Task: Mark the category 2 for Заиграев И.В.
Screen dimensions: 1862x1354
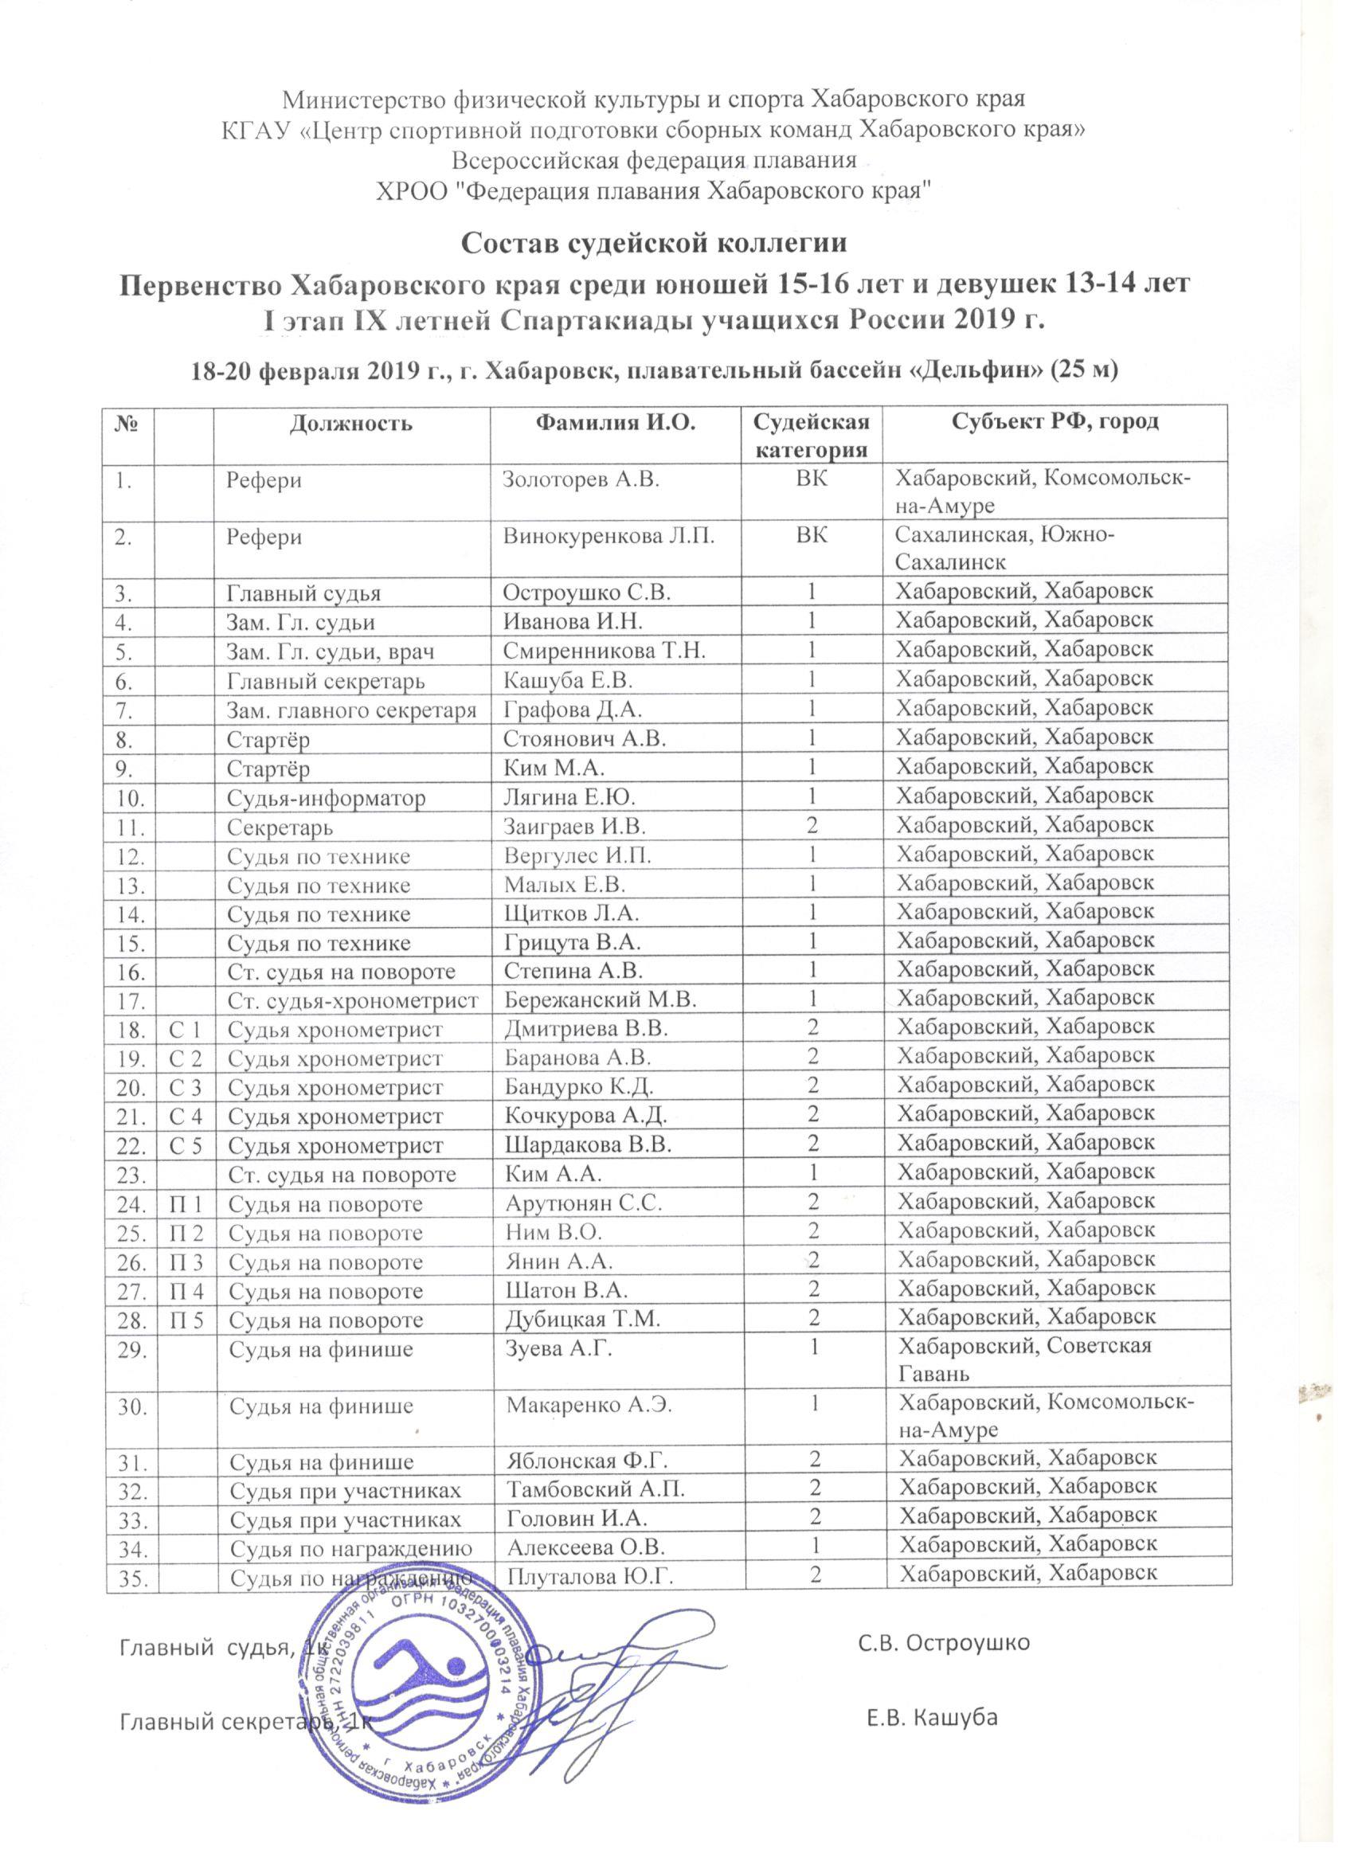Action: pos(812,824)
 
